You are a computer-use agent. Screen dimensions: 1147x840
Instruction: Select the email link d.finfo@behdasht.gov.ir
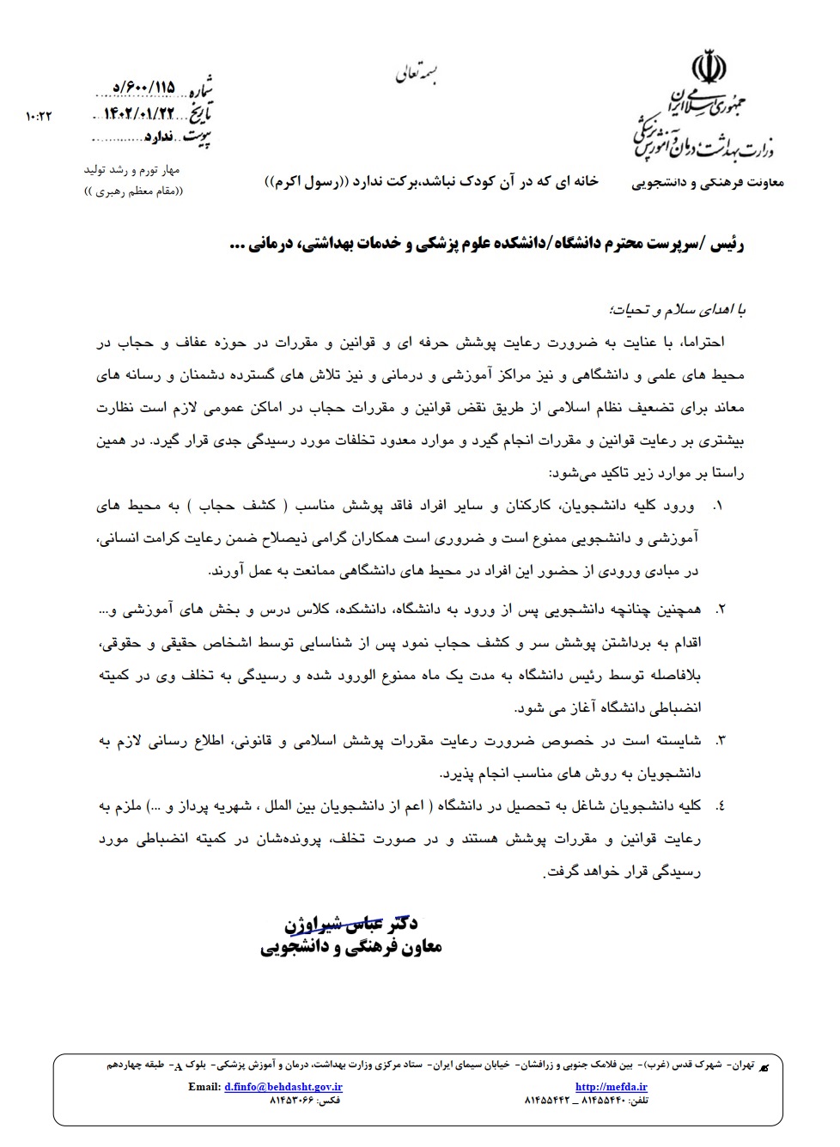[x=283, y=1086]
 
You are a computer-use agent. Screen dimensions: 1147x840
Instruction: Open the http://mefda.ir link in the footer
[x=600, y=1086]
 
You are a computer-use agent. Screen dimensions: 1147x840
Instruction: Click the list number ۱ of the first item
[x=717, y=506]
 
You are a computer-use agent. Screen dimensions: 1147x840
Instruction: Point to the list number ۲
[x=720, y=610]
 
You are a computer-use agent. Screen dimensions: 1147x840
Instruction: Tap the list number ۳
[x=720, y=740]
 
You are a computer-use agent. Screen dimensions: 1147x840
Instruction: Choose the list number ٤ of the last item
[x=720, y=805]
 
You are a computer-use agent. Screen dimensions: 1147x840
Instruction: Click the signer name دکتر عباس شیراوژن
[x=351, y=925]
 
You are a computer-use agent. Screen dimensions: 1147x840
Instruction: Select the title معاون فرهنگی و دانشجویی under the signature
[x=351, y=947]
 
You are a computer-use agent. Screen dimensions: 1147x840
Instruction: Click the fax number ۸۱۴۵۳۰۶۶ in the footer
[x=293, y=1100]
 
